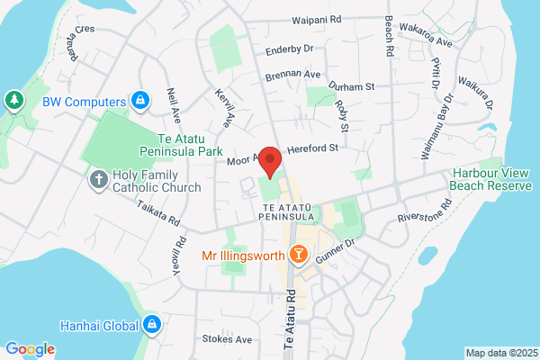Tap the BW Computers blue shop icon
[x=139, y=100]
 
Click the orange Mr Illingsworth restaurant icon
[x=300, y=256]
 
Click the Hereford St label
[x=311, y=149]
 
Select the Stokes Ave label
[x=232, y=339]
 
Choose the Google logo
[x=30, y=349]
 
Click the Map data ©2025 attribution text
[x=500, y=353]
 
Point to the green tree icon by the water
[x=15, y=98]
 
